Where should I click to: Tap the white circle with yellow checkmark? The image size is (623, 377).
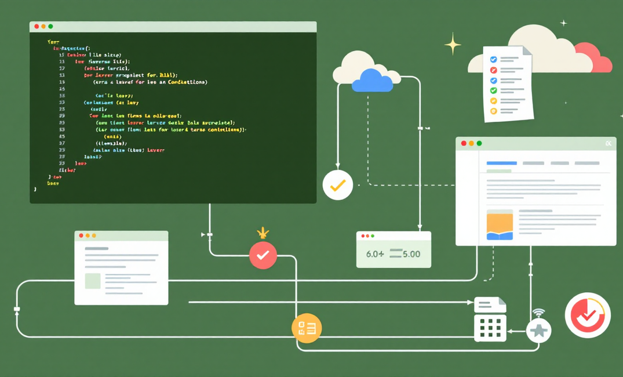(x=338, y=185)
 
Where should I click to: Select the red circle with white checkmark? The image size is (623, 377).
(x=263, y=255)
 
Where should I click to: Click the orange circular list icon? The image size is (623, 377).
(x=306, y=328)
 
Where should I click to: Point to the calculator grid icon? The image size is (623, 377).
(x=490, y=328)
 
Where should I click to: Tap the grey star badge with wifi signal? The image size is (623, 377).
(x=539, y=331)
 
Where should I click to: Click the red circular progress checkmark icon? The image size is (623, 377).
(x=588, y=316)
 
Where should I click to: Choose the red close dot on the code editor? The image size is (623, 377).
(x=37, y=27)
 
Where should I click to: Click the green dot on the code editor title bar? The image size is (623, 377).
(x=50, y=27)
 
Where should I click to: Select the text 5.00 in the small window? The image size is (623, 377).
(x=411, y=254)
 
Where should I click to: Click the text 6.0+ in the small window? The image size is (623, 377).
(x=375, y=254)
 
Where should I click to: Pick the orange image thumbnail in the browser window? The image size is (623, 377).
(x=500, y=225)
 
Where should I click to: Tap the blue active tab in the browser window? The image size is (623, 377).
(x=501, y=164)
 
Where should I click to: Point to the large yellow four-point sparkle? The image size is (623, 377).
(x=453, y=45)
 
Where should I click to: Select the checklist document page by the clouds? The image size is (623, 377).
(x=508, y=84)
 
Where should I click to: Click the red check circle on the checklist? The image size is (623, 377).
(x=494, y=70)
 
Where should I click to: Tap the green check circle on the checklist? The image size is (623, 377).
(x=494, y=90)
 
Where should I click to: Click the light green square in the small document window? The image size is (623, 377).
(x=93, y=281)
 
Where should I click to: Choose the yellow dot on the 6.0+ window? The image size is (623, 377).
(x=367, y=236)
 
